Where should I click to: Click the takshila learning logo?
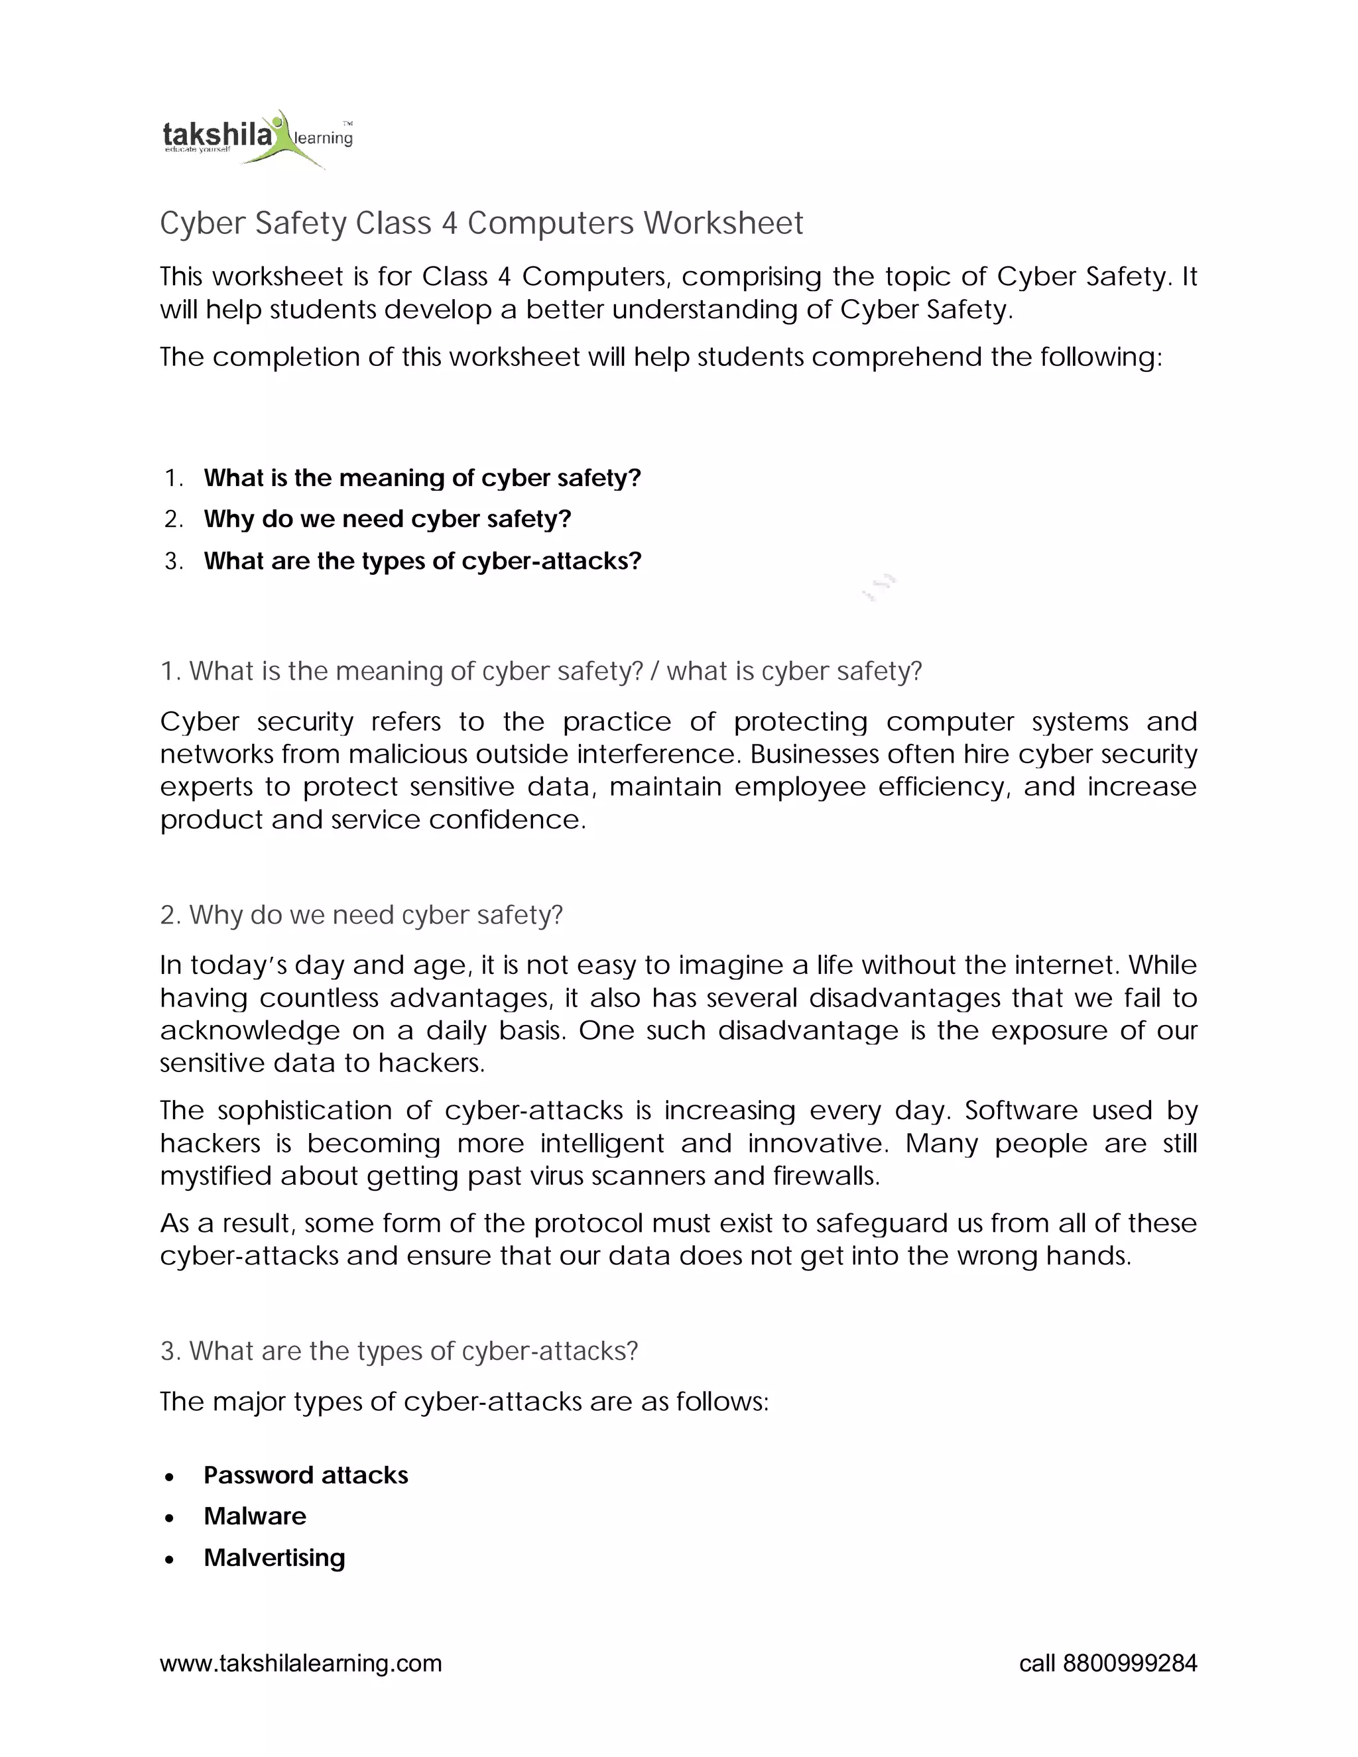pos(256,139)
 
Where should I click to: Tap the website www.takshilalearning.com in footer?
pos(301,1663)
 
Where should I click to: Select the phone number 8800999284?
pos(1129,1663)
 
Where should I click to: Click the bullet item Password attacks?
pos(306,1475)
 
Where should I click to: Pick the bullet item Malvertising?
pos(275,1557)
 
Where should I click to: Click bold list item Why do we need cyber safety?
pos(387,519)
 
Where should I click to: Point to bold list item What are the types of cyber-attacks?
pos(422,561)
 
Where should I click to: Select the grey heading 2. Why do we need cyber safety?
pos(361,915)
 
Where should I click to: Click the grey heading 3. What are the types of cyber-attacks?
pos(399,1351)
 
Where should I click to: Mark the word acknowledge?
pos(249,1030)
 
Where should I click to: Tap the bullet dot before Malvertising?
pos(169,1560)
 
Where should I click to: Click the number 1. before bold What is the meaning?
pos(173,478)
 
